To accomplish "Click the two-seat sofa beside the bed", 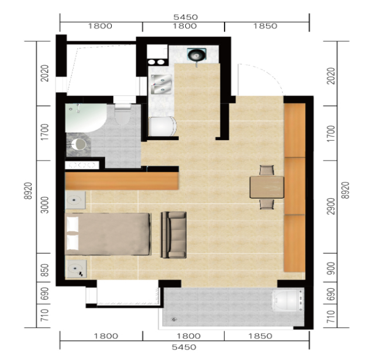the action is point(174,235).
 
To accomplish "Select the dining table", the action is point(267,187).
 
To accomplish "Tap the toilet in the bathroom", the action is point(123,115).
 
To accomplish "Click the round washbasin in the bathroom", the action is point(78,144).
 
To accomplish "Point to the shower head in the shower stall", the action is point(78,108).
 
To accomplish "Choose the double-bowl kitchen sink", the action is point(161,84).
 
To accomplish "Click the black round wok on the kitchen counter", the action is point(196,55).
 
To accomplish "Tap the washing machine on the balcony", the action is point(288,300).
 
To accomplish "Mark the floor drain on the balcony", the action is point(175,319).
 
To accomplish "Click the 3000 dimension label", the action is point(44,205).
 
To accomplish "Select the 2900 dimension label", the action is point(331,206).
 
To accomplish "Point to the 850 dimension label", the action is point(44,270).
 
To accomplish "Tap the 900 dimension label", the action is point(331,268).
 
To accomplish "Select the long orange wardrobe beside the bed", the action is point(122,181).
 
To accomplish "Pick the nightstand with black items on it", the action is point(76,269).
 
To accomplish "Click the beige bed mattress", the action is point(108,234).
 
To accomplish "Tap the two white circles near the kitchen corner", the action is point(156,63).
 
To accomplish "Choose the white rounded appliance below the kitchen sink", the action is point(163,126).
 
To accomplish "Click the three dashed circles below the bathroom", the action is point(82,165).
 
